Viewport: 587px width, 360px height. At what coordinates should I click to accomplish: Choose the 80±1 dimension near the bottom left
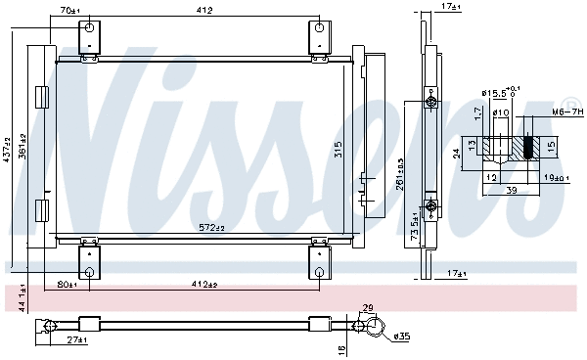point(67,286)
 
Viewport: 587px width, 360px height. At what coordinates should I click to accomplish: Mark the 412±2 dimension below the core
point(203,286)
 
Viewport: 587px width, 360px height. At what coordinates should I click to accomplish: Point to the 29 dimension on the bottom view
point(367,309)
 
